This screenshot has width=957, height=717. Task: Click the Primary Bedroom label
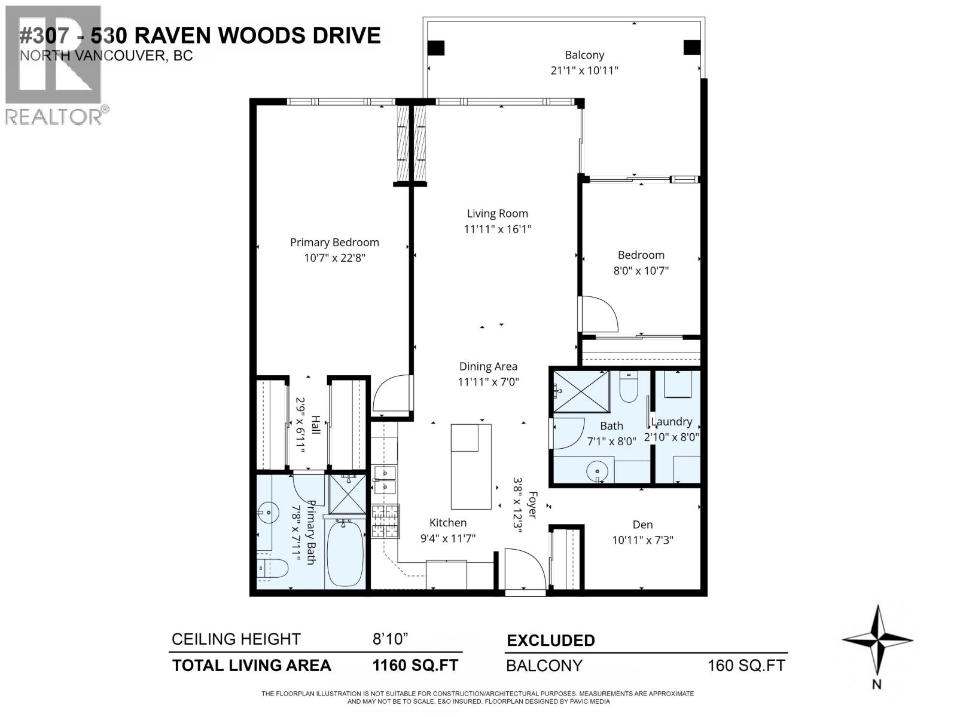point(334,242)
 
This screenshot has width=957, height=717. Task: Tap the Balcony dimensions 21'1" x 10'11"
point(584,71)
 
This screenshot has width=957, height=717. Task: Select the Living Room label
point(497,213)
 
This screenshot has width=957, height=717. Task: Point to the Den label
point(642,525)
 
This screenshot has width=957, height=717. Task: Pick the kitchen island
point(471,466)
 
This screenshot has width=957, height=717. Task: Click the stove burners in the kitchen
point(385,521)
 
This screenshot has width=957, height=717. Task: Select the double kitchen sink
point(384,480)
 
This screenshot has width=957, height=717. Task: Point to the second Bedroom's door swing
point(599,314)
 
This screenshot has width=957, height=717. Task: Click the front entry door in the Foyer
point(524,571)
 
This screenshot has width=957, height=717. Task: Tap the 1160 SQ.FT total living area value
point(415,665)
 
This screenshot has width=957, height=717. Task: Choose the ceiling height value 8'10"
point(390,639)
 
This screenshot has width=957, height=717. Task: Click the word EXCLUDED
point(551,641)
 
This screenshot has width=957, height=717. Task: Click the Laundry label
point(672,422)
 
